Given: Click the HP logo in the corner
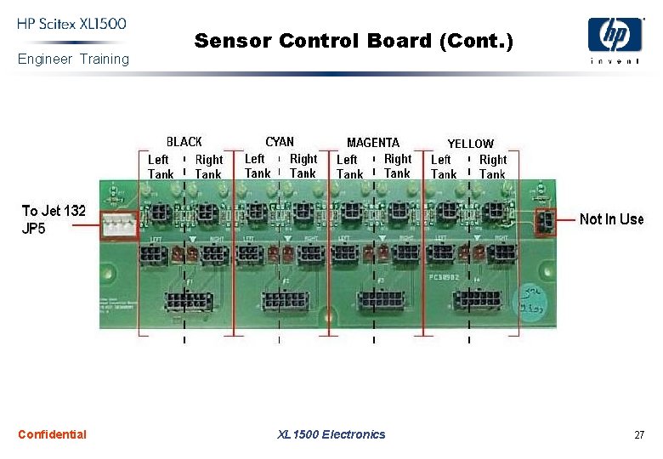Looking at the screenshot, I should (615, 36).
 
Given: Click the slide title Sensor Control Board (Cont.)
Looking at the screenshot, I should (354, 40).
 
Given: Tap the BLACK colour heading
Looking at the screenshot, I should (184, 142).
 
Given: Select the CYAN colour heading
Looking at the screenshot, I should (280, 142).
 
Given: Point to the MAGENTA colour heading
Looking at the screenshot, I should (373, 142).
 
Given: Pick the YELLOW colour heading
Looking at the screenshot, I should (470, 144).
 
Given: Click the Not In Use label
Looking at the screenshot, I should (611, 219).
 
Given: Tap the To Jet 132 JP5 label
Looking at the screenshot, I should (54, 219).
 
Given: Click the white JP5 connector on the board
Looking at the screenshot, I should (119, 225).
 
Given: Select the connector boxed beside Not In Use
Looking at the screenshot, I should (545, 223).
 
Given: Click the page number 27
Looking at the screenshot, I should (639, 435).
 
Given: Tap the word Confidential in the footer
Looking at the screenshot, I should (52, 434).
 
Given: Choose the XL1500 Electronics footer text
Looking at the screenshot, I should (331, 434).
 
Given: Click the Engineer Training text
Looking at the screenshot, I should (73, 59).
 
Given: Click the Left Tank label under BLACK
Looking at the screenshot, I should (160, 167).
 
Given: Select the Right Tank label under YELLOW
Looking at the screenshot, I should (492, 167).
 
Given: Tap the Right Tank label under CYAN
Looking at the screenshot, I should (303, 166).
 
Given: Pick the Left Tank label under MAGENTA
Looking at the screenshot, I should (348, 167).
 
